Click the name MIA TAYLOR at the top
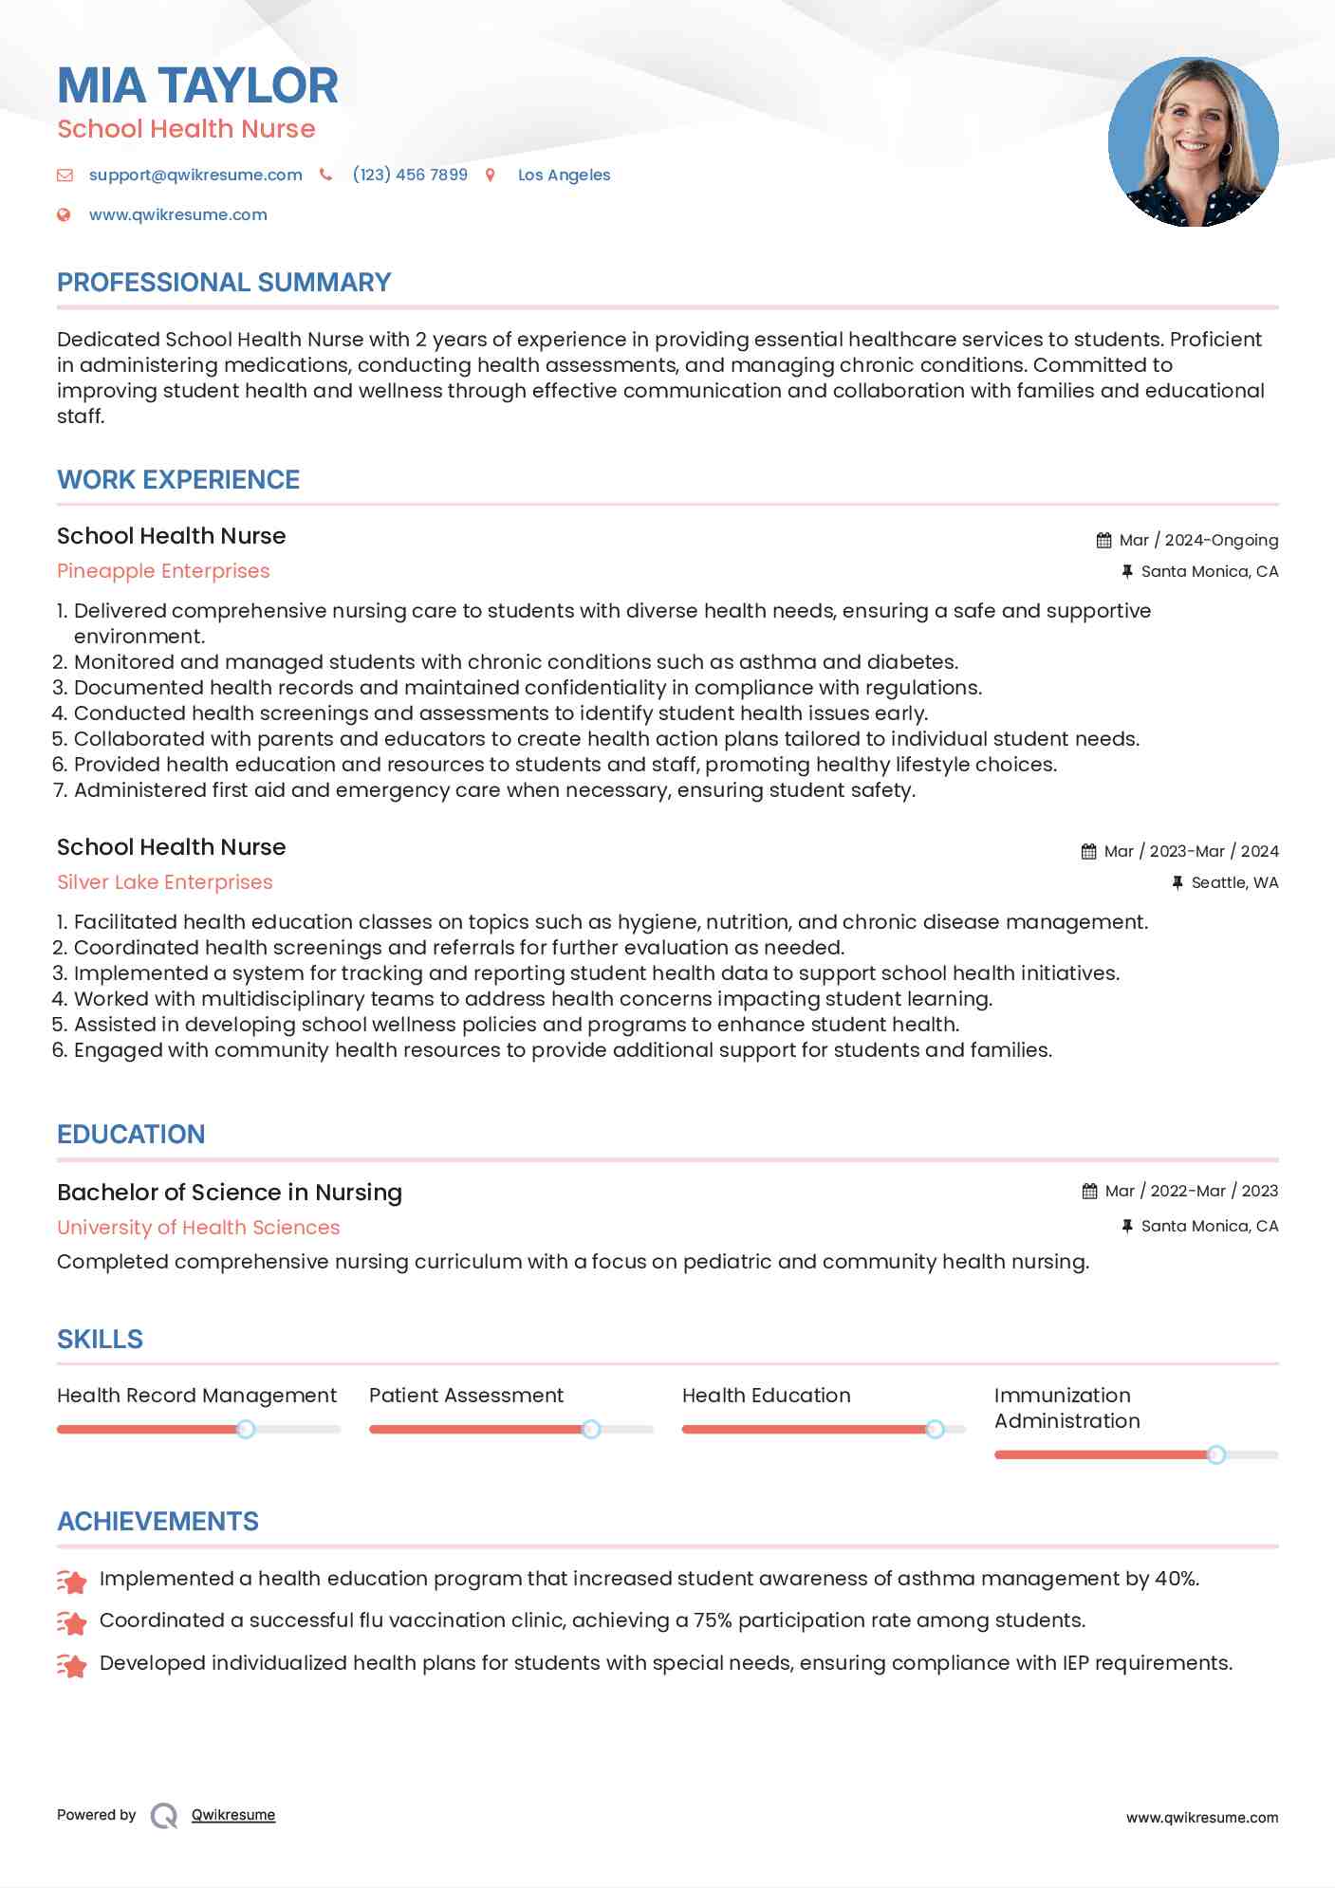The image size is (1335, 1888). click(x=197, y=85)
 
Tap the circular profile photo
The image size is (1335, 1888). click(x=1193, y=142)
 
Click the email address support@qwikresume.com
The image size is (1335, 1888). click(x=195, y=175)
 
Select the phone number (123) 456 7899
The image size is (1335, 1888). click(x=410, y=175)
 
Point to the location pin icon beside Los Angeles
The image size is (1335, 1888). click(x=491, y=175)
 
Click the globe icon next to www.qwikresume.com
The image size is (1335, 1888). click(x=64, y=214)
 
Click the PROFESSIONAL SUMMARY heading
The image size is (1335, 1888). click(x=224, y=283)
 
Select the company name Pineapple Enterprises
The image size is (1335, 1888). click(x=163, y=571)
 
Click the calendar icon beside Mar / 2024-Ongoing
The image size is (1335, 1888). click(x=1103, y=541)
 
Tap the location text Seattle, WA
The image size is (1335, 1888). click(x=1234, y=883)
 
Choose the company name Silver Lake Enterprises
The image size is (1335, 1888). click(x=165, y=882)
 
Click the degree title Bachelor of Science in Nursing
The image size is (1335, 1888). click(x=230, y=1193)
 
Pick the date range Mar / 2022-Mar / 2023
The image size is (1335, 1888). click(x=1192, y=1191)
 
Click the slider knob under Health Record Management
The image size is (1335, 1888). click(x=246, y=1429)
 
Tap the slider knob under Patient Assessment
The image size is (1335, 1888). click(x=591, y=1429)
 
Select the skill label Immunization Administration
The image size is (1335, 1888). click(x=1066, y=1408)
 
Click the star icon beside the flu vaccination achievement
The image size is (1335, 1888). click(x=71, y=1622)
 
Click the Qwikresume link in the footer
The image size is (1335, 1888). click(x=233, y=1815)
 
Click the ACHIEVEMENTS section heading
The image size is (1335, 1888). click(x=158, y=1522)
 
